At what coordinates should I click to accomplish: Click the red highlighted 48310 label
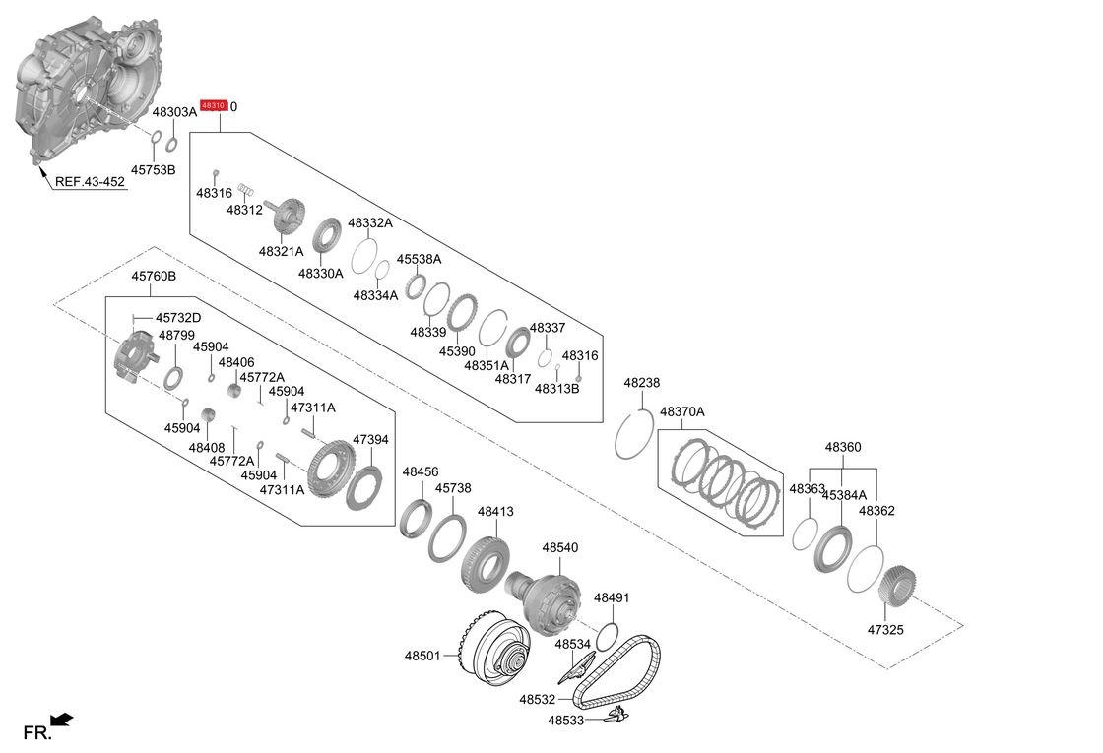coord(214,105)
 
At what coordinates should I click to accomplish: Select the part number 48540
coord(559,547)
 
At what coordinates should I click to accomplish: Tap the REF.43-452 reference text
coord(90,182)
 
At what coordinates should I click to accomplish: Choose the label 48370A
coord(682,411)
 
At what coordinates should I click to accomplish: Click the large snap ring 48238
coord(634,436)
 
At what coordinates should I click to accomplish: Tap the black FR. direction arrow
coord(62,722)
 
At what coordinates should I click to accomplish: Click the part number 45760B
coord(154,277)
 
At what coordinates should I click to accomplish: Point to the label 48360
coord(843,447)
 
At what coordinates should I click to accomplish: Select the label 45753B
coord(154,170)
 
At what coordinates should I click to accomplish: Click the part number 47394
coord(370,440)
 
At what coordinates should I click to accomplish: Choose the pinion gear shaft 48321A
coord(288,216)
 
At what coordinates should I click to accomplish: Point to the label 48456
coord(421,472)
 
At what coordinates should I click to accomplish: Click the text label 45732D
coord(178,318)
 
